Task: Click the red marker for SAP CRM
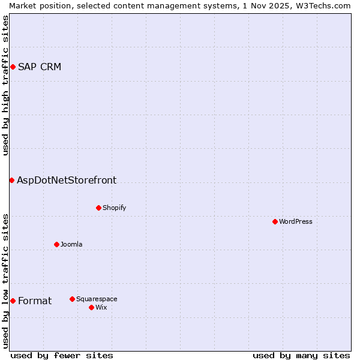click(13, 67)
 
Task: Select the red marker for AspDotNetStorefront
click(11, 180)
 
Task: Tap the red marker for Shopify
click(98, 208)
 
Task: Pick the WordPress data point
click(275, 221)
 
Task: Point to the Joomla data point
click(56, 244)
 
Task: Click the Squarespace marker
click(72, 299)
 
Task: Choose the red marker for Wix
click(91, 307)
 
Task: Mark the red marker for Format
click(13, 301)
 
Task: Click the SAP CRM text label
click(40, 67)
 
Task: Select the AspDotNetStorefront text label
click(67, 180)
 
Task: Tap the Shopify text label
click(114, 208)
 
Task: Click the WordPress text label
click(295, 221)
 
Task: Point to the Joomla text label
click(71, 244)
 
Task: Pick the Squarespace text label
click(97, 299)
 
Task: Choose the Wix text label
click(101, 307)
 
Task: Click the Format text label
click(35, 301)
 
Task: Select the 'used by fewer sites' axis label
click(62, 355)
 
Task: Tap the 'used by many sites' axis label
click(301, 355)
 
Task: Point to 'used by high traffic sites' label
click(5, 85)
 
